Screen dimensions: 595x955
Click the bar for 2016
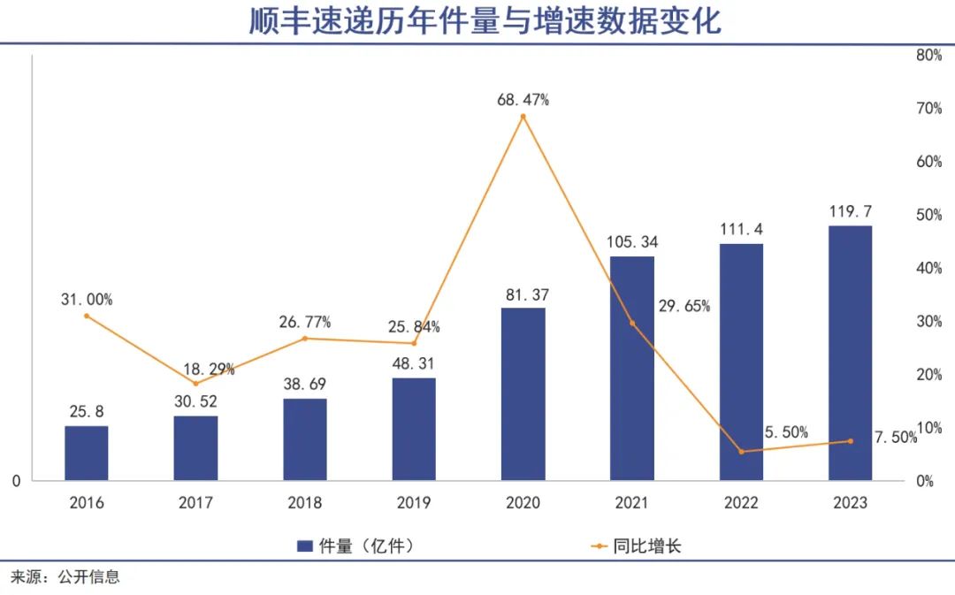(x=87, y=453)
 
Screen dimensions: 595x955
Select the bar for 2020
(x=523, y=394)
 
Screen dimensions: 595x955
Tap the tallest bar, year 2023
(x=850, y=353)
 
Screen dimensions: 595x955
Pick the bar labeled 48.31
(x=414, y=429)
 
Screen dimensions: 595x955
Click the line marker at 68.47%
(x=523, y=116)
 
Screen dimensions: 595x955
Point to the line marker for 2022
(x=741, y=452)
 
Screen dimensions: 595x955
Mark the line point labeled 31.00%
(x=87, y=316)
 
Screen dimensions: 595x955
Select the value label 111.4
(x=741, y=229)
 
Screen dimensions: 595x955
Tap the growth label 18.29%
(x=209, y=370)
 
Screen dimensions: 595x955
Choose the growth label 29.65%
(x=684, y=307)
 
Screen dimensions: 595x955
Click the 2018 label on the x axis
(x=305, y=503)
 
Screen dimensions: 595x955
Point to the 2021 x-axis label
(x=631, y=503)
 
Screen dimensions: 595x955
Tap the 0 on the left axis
(x=16, y=481)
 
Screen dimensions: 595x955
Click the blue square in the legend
(x=304, y=546)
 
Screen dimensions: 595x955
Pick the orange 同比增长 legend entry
(x=636, y=546)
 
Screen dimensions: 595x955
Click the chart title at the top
(x=485, y=21)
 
